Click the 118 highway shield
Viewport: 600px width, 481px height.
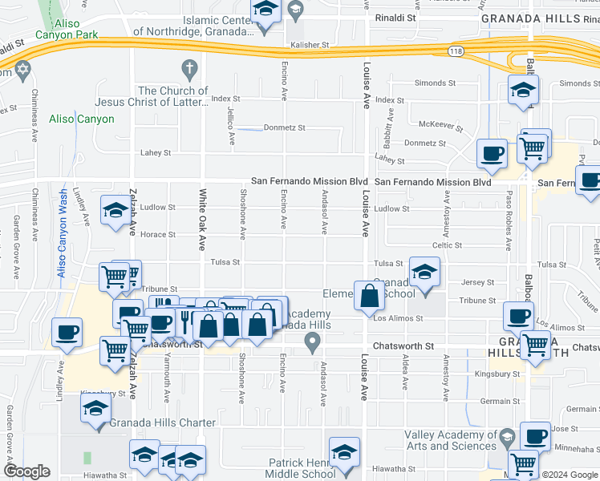[453, 51]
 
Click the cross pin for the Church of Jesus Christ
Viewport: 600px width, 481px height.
[189, 68]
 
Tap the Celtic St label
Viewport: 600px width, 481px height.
[448, 245]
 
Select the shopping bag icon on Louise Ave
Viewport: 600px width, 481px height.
[369, 297]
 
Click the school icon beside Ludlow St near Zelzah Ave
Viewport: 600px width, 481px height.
[116, 211]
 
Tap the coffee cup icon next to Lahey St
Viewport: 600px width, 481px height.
[492, 152]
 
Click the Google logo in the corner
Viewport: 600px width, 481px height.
[26, 471]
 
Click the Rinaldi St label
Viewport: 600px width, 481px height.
[393, 16]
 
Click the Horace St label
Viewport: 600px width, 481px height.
[159, 235]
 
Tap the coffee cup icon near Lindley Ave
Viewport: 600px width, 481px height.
[67, 332]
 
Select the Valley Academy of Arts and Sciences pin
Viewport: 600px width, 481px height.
[506, 437]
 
